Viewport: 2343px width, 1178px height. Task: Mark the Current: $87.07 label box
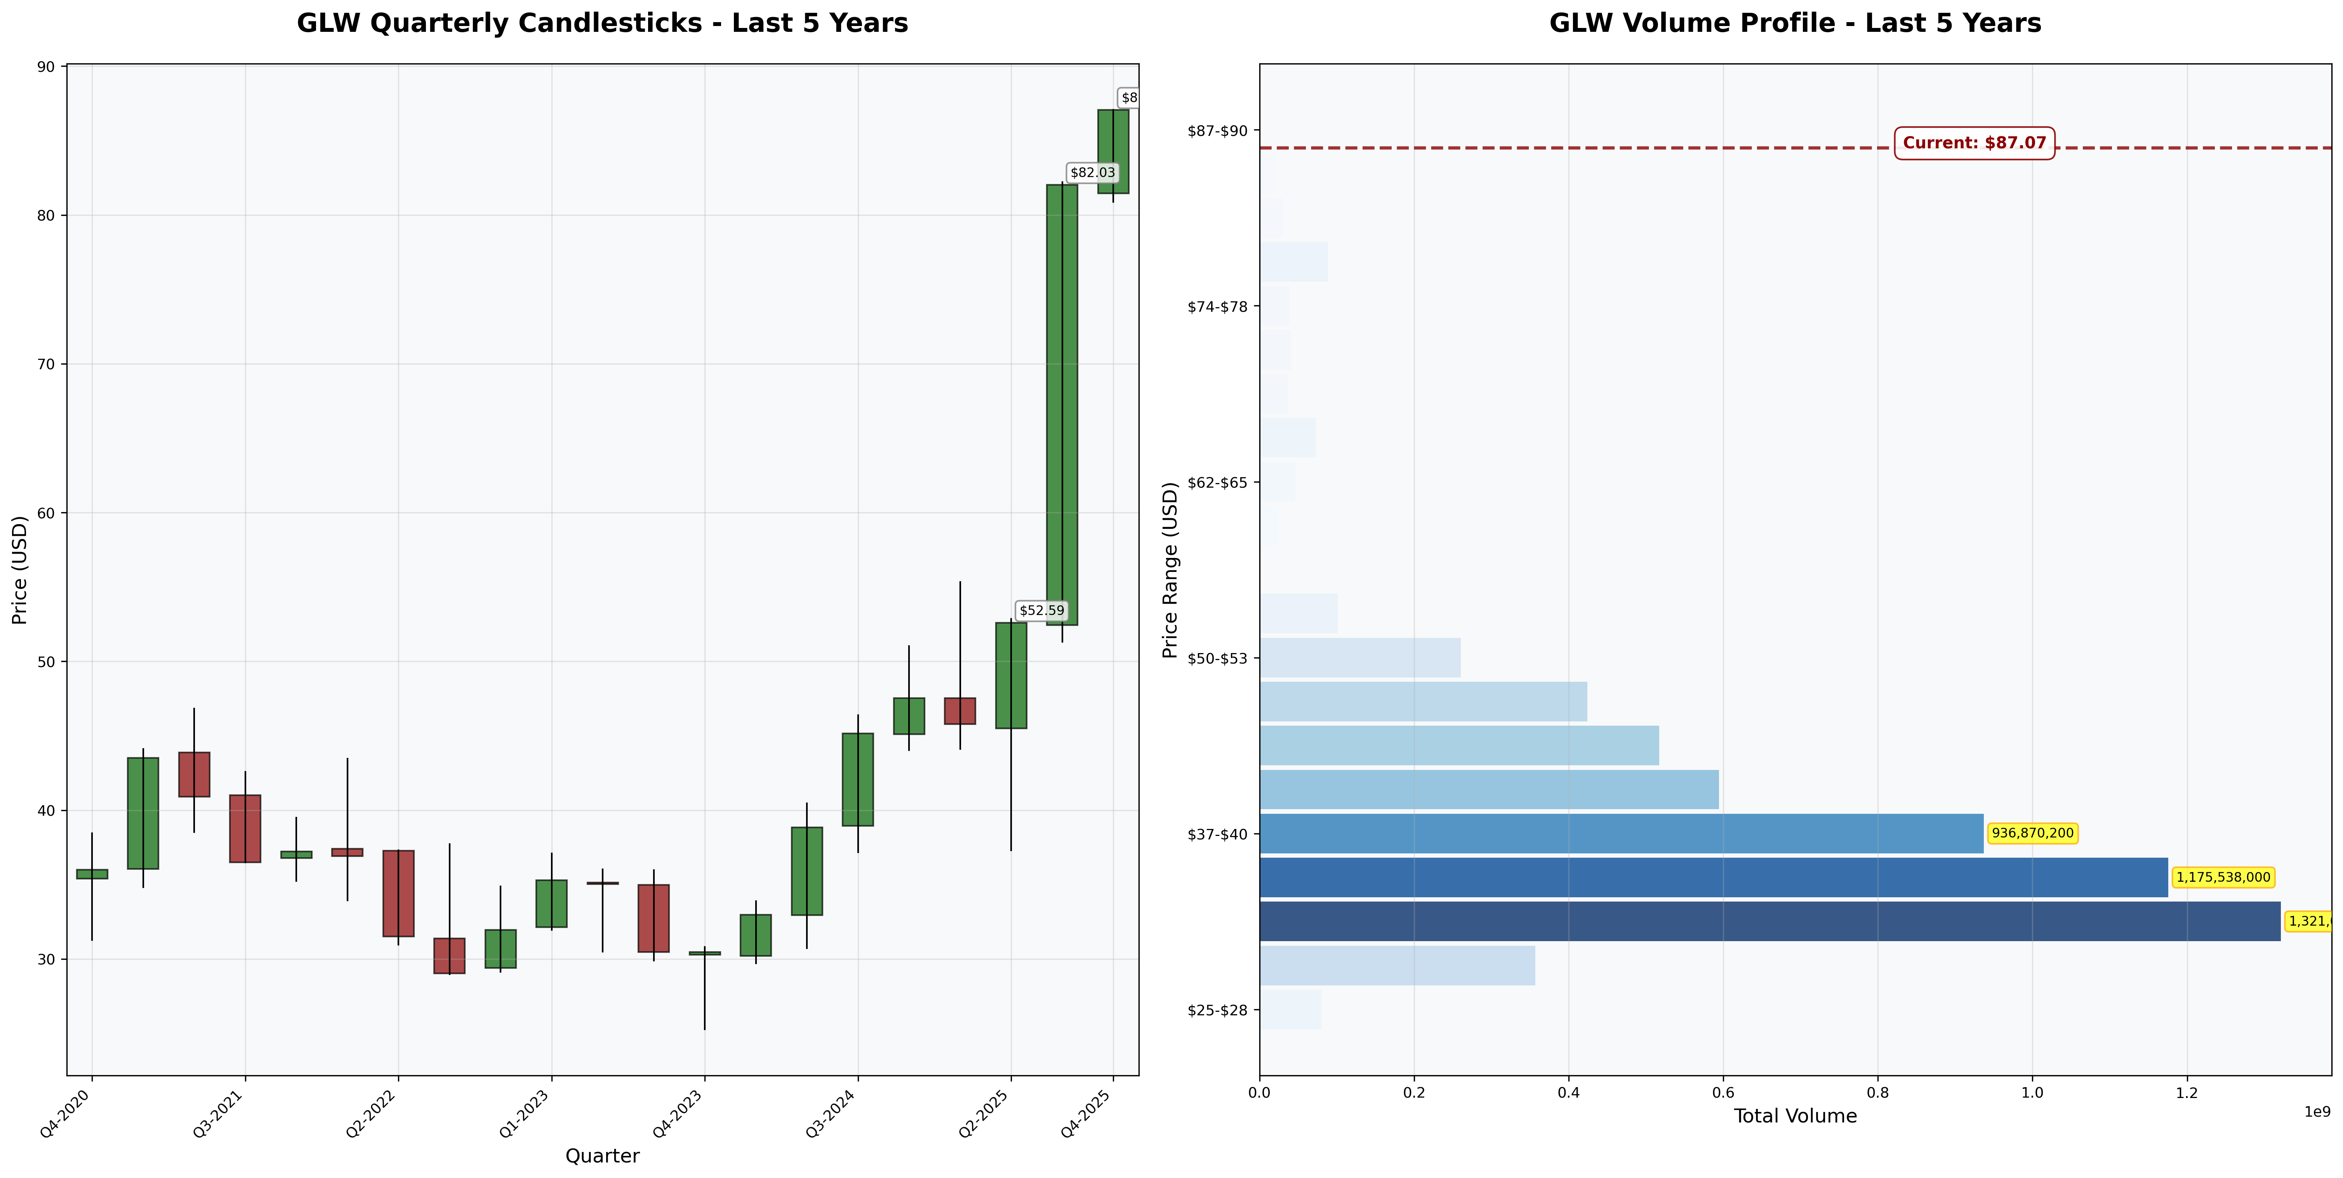coord(1974,143)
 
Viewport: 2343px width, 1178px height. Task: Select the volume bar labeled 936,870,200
coord(1621,833)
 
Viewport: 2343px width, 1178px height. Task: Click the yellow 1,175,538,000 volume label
coord(2223,878)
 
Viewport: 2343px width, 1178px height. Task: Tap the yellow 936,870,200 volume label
coord(2032,833)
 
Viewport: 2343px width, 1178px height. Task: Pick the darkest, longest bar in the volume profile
coord(1769,921)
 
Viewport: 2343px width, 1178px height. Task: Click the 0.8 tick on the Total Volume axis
coord(1877,1093)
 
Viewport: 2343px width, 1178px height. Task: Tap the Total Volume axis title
coord(1795,1116)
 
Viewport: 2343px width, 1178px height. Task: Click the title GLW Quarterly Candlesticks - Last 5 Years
coord(602,23)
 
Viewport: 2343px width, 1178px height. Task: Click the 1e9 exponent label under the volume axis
coord(2317,1112)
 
